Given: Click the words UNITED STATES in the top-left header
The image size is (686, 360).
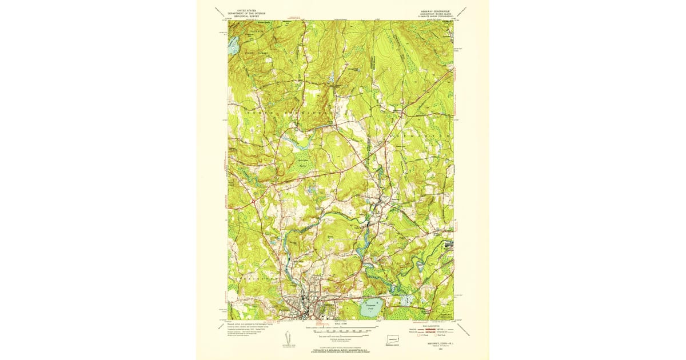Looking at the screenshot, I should pyautogui.click(x=243, y=10).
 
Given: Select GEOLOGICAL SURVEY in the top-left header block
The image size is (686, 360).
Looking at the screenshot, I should pyautogui.click(x=243, y=15).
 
